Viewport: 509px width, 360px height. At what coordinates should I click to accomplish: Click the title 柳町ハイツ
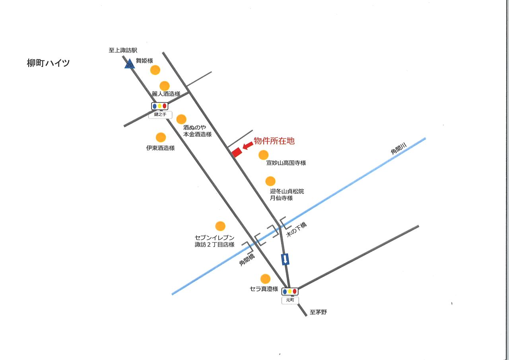(48, 63)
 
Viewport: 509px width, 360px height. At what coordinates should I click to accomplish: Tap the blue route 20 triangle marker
(130, 64)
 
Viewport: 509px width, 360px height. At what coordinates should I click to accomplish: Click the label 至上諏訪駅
(123, 51)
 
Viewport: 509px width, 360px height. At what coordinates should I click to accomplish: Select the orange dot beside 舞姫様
(155, 70)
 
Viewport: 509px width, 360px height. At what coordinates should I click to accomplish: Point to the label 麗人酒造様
(166, 94)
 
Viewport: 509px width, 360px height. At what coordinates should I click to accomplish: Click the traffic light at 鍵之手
(159, 106)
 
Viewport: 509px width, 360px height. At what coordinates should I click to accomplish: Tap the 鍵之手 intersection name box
(160, 115)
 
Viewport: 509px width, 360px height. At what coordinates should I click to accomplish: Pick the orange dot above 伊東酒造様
(161, 138)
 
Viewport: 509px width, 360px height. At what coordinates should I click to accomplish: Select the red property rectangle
(237, 152)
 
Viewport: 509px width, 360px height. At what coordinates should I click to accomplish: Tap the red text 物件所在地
(274, 141)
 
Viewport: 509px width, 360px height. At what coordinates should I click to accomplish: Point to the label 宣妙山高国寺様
(286, 163)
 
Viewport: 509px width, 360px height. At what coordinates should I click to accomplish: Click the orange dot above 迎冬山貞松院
(270, 181)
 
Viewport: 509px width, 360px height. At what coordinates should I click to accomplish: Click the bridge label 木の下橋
(297, 230)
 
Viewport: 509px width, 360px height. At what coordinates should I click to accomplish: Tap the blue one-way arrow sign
(285, 259)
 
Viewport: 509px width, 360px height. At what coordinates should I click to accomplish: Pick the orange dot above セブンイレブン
(220, 226)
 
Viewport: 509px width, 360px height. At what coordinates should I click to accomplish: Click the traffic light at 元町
(290, 292)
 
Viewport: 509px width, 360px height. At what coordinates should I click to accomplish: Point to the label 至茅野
(318, 312)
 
